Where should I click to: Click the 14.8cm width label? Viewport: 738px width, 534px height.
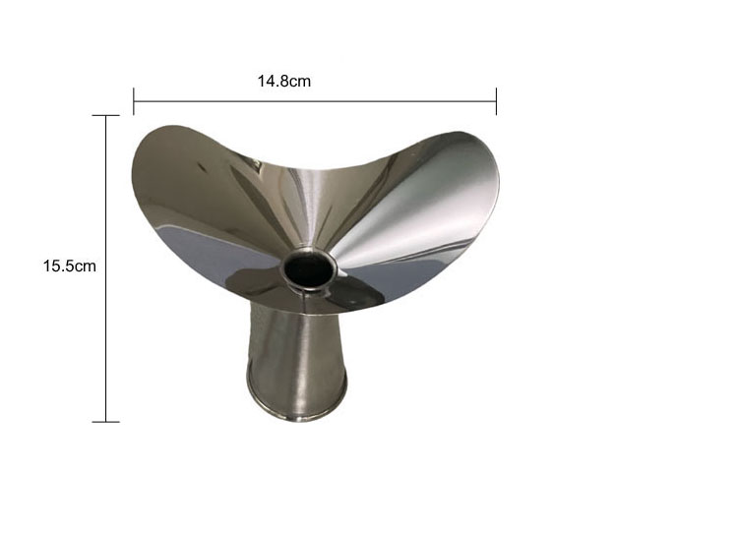(x=283, y=81)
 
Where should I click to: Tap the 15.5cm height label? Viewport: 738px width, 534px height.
(x=69, y=266)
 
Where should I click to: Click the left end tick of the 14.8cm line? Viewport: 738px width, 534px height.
(x=134, y=101)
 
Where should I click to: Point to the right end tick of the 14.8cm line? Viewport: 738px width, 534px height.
(x=496, y=101)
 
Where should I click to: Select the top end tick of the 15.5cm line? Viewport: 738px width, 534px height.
(x=106, y=115)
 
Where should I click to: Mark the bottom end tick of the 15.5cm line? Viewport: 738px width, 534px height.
(x=106, y=422)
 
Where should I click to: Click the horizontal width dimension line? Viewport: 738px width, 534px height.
(x=315, y=101)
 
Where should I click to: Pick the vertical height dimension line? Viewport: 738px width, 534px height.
(x=106, y=268)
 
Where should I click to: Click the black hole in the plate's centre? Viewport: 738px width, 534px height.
(x=309, y=271)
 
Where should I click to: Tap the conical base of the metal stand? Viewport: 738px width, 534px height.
(x=296, y=362)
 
